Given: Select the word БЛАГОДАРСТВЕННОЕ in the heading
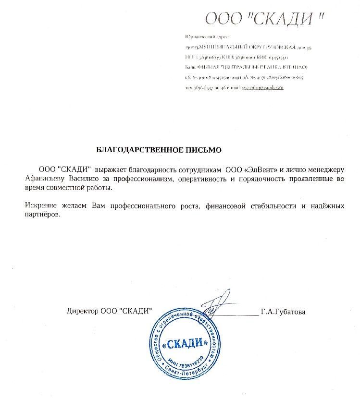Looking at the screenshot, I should pyautogui.click(x=139, y=150).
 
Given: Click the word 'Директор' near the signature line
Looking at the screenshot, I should pyautogui.click(x=82, y=312).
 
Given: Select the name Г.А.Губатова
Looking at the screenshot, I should pyautogui.click(x=284, y=312).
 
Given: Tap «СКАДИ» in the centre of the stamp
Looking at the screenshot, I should pyautogui.click(x=185, y=344).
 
